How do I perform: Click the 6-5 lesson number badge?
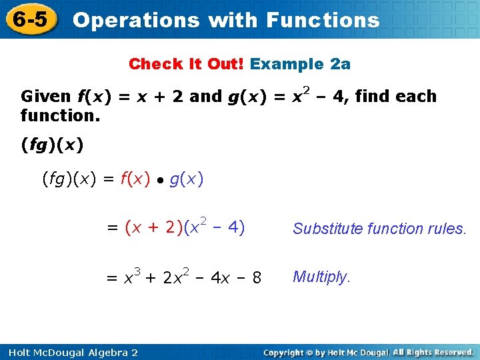pyautogui.click(x=30, y=19)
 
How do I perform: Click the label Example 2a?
pyautogui.click(x=301, y=64)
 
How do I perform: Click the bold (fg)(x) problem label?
pyautogui.click(x=53, y=144)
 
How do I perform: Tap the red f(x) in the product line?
pyautogui.click(x=135, y=179)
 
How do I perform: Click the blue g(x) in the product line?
pyautogui.click(x=187, y=179)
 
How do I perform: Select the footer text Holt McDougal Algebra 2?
pyautogui.click(x=70, y=352)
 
